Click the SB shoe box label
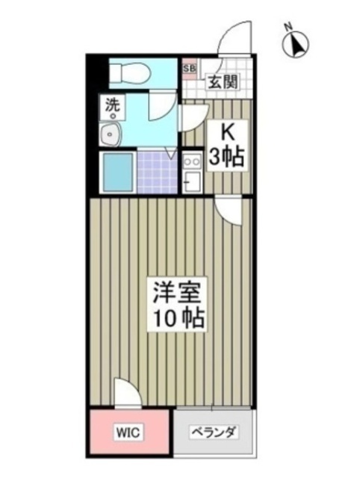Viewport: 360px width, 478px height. click(189, 68)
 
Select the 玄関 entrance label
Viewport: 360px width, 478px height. click(223, 81)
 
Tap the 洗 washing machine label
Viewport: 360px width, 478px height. click(111, 106)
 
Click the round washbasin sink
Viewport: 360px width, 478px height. click(111, 136)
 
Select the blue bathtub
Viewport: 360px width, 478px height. click(117, 172)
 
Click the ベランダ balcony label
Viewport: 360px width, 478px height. click(214, 432)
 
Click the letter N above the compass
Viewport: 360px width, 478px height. click(288, 28)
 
